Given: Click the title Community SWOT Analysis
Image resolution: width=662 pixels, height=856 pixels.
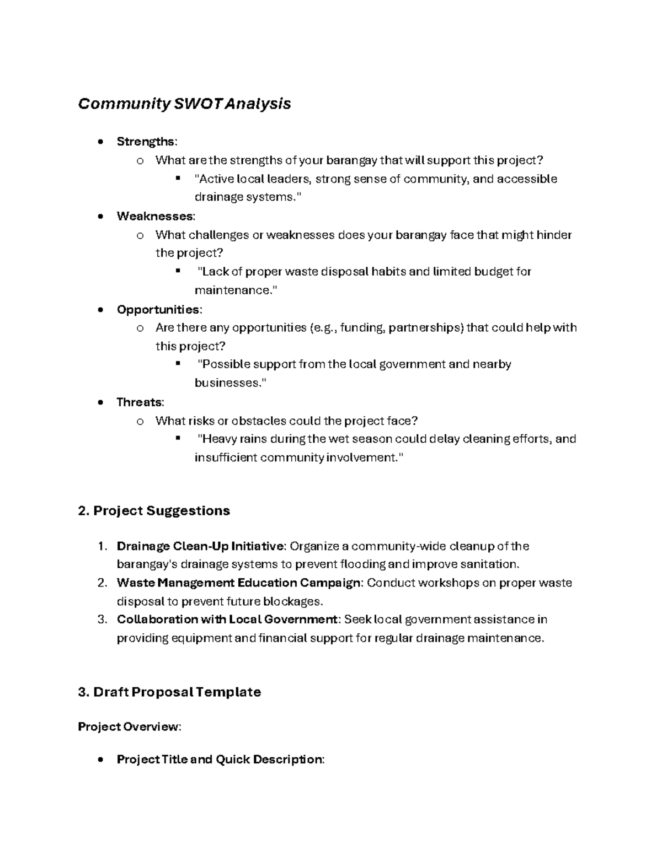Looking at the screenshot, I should click(184, 104).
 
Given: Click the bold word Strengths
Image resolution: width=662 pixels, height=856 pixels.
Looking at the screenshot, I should click(146, 142).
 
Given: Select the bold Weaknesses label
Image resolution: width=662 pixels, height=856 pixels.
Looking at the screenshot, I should click(155, 216).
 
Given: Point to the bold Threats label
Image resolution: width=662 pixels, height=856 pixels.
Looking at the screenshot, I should click(140, 402).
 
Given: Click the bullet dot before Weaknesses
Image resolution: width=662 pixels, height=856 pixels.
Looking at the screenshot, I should click(100, 217).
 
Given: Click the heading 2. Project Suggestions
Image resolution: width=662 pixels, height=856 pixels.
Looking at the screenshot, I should click(154, 511).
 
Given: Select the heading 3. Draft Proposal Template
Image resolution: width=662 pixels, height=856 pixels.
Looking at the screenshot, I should click(169, 692).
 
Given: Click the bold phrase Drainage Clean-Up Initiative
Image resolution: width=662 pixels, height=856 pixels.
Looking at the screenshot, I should click(201, 546).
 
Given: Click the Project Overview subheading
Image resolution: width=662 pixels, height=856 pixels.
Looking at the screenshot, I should click(129, 727).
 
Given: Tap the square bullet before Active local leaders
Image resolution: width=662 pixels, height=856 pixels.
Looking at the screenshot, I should click(178, 178).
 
